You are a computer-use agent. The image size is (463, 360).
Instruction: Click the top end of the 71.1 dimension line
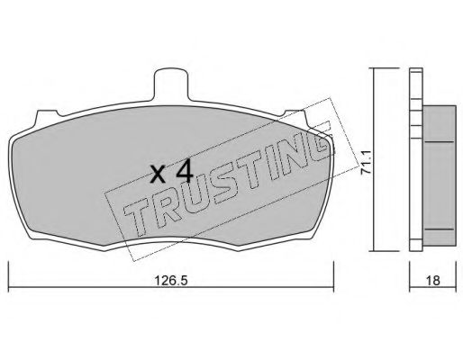373,69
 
